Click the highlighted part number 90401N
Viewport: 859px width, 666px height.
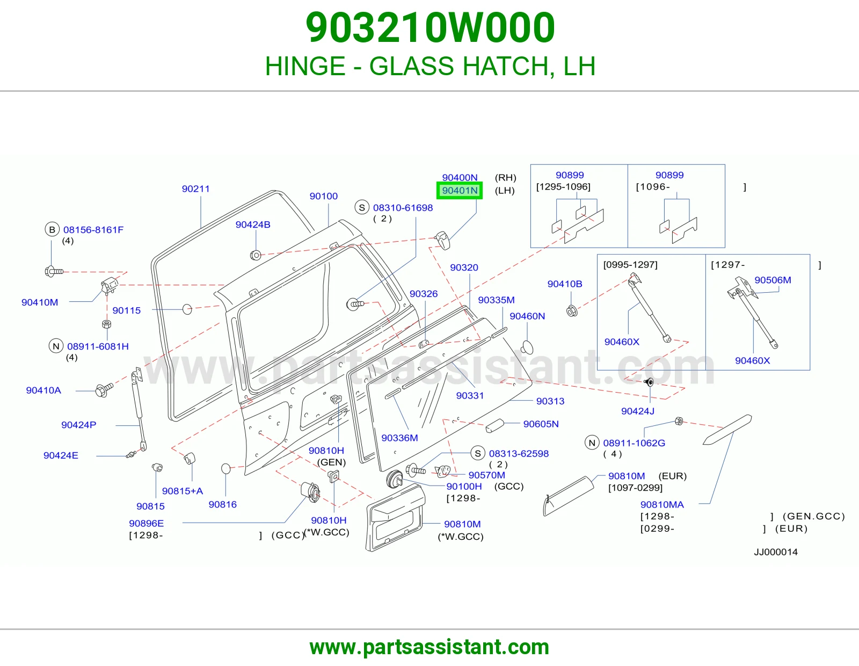tap(460, 191)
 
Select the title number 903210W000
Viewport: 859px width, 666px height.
tap(430, 27)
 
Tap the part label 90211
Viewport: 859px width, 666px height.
tap(195, 189)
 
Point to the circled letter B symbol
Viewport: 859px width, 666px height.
tap(52, 229)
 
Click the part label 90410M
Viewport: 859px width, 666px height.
tap(40, 302)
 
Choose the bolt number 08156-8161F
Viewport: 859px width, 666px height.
tap(93, 229)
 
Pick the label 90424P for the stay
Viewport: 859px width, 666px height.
tap(79, 425)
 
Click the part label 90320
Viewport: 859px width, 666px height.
tap(464, 267)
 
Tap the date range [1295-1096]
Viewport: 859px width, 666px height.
tap(563, 187)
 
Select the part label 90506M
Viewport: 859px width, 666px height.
tap(773, 280)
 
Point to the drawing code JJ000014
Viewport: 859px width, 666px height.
tap(776, 552)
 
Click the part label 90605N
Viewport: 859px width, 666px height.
tap(541, 424)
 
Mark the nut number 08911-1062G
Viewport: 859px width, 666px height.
tap(634, 443)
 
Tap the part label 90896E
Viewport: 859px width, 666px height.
tap(146, 523)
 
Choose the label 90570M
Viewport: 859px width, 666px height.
tap(486, 475)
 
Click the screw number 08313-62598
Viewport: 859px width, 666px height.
tap(519, 454)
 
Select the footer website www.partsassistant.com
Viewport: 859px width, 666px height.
tap(429, 647)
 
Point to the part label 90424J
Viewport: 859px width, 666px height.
tap(638, 411)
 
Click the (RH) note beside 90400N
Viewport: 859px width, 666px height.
tap(506, 178)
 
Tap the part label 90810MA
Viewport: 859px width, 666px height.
tap(662, 505)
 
